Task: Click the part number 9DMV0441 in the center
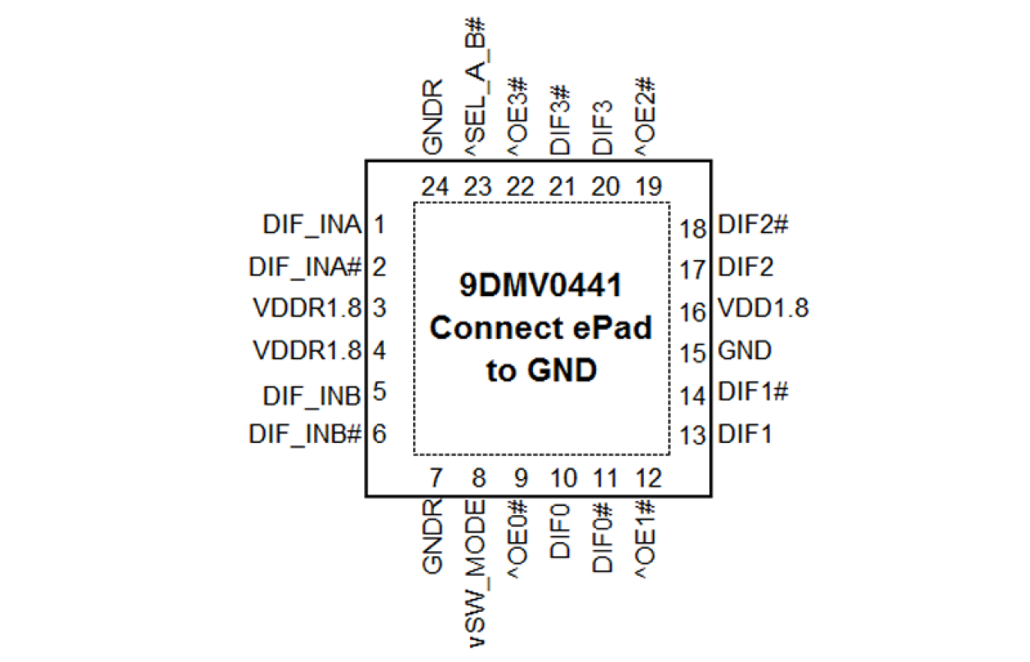tap(540, 286)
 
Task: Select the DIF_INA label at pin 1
tap(312, 224)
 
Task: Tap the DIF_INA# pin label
tap(305, 267)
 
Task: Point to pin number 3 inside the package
tap(379, 309)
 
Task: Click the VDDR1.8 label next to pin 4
tap(307, 351)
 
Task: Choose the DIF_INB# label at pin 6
tap(305, 434)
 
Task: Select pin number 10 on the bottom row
tap(563, 477)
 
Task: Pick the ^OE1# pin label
tap(646, 538)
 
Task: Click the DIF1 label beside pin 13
tap(745, 434)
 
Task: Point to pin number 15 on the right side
tap(693, 354)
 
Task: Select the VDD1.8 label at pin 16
tap(763, 308)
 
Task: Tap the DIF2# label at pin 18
tap(753, 225)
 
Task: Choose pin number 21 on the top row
tap(562, 187)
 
